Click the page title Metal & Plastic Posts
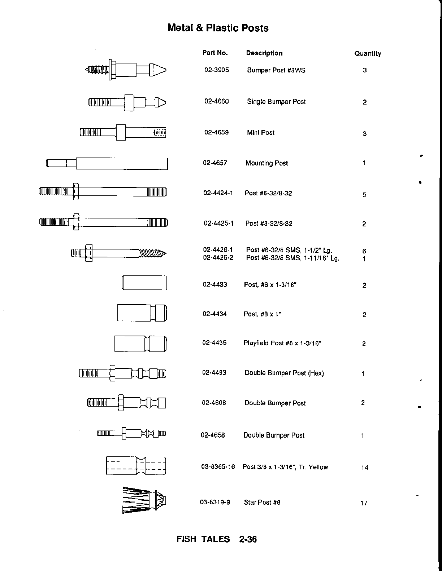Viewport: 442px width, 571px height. tap(218, 28)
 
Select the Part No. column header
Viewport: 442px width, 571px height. tap(215, 53)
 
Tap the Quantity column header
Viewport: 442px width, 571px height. tap(368, 54)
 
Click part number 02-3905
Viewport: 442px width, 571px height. tap(217, 70)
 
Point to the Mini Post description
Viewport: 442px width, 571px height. tap(260, 133)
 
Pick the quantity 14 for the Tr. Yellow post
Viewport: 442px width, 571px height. tap(365, 468)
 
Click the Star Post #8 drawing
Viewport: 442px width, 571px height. tap(144, 500)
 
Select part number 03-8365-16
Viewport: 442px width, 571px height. tap(218, 467)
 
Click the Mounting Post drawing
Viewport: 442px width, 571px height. tap(107, 164)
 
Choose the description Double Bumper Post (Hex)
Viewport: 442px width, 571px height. tap(284, 373)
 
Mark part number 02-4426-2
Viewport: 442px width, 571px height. tap(218, 258)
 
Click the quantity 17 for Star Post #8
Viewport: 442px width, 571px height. tap(364, 503)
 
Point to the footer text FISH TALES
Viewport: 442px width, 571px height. tap(203, 539)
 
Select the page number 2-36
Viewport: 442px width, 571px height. tap(248, 539)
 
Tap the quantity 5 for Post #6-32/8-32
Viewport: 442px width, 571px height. tap(364, 195)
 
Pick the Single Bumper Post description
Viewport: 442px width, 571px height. tap(276, 102)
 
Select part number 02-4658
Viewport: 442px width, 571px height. tap(213, 435)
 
